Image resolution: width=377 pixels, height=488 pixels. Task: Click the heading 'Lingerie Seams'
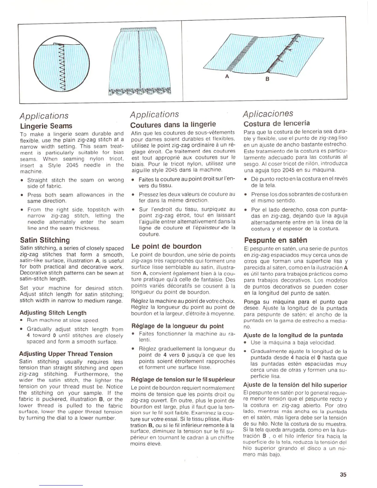click(46, 126)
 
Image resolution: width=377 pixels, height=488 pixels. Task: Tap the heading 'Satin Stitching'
click(45, 240)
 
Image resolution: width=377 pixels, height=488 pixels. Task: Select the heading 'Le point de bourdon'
click(166, 246)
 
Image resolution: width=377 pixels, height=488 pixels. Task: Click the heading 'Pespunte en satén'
click(275, 240)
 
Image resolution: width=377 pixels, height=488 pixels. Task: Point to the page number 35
click(343, 475)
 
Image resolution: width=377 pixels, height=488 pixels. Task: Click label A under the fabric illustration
click(227, 76)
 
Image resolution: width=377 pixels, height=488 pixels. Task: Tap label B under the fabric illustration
click(267, 79)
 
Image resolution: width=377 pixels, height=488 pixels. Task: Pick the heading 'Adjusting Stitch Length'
click(53, 313)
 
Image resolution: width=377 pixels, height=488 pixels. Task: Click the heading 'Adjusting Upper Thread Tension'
click(66, 354)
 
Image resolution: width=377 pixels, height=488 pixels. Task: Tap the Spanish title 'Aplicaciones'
click(268, 113)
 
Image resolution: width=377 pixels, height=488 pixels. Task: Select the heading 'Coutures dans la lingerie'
click(173, 124)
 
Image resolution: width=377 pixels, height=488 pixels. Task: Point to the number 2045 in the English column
click(73, 165)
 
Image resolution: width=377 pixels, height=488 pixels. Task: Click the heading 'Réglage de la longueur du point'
click(177, 326)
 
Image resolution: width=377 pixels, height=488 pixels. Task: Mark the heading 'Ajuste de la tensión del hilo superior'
click(295, 385)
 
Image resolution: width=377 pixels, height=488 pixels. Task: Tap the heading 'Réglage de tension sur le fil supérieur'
click(183, 379)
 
